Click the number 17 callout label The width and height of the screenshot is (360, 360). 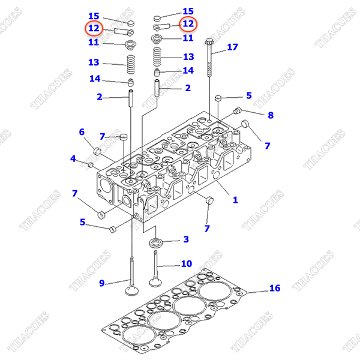pyautogui.click(x=232, y=46)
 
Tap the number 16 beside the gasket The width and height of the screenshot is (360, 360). pyautogui.click(x=274, y=289)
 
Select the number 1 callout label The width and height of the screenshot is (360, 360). pyautogui.click(x=235, y=200)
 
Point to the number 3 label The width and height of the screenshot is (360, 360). pyautogui.click(x=186, y=239)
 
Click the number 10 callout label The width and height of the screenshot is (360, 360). pyautogui.click(x=187, y=263)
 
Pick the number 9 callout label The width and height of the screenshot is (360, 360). pyautogui.click(x=101, y=283)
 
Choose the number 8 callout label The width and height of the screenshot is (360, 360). pyautogui.click(x=271, y=115)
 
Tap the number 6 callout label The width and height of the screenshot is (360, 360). pyautogui.click(x=82, y=132)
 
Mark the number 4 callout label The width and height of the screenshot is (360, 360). pyautogui.click(x=73, y=159)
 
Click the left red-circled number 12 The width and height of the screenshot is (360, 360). pyautogui.click(x=94, y=28)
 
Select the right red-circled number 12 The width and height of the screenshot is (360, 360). pyautogui.click(x=188, y=24)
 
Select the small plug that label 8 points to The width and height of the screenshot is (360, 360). pyautogui.click(x=238, y=110)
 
